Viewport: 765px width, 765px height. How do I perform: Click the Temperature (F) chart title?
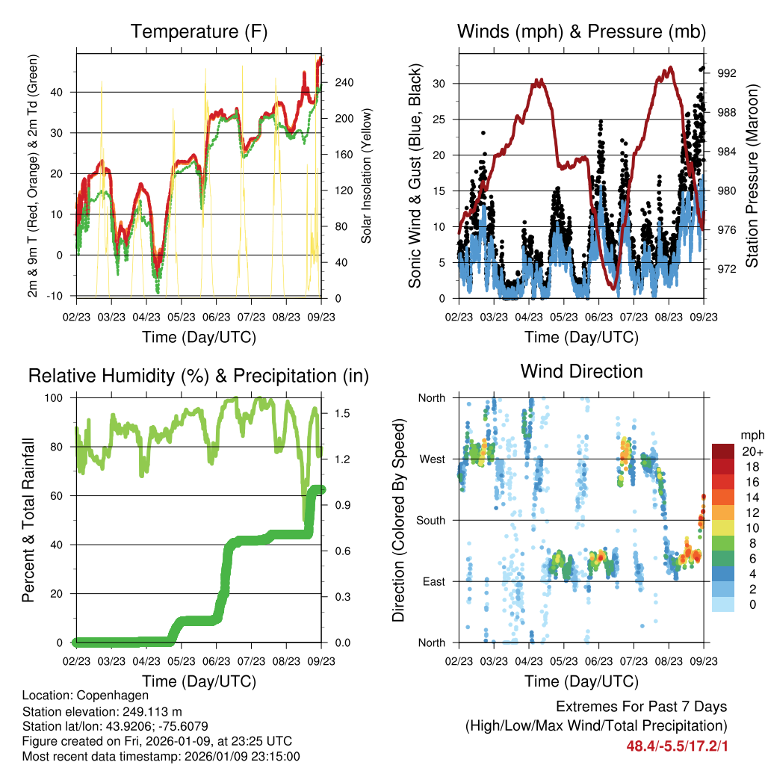pos(199,31)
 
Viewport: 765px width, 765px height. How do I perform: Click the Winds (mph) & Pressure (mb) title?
pos(581,31)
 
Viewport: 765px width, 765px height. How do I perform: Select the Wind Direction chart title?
pos(581,371)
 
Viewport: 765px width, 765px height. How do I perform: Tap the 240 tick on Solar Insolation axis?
pos(342,83)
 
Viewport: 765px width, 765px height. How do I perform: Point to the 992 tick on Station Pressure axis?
pos(727,73)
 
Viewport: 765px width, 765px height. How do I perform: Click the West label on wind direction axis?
pos(432,459)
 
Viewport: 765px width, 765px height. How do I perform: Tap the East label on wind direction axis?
pos(433,581)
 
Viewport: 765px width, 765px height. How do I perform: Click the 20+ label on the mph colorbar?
pos(752,451)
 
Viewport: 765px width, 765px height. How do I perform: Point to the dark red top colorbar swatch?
pos(722,451)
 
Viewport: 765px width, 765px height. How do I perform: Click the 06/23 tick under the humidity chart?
pos(217,661)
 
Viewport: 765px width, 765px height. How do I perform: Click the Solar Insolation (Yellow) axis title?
pos(367,176)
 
